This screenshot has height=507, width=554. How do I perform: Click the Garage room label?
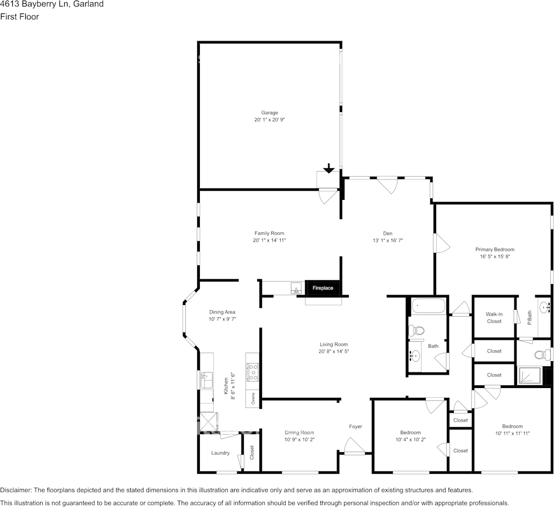pos(269,113)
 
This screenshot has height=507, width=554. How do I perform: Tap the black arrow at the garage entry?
pos(329,168)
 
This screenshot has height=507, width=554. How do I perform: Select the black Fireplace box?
pos(323,288)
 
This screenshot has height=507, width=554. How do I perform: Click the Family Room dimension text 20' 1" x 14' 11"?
pos(269,241)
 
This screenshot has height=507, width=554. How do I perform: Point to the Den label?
pos(388,233)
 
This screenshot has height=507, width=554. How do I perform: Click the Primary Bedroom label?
pos(495,249)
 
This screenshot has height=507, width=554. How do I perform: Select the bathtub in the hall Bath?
pos(428,307)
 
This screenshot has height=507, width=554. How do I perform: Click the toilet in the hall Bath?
pos(417,331)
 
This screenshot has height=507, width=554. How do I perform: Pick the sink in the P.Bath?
pos(545,308)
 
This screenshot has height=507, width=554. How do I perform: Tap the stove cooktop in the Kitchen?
pos(252,371)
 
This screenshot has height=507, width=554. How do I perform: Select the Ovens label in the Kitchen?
pos(253,398)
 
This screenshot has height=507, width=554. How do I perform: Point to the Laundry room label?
pos(220,453)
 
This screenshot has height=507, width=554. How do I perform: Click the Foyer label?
pos(355,427)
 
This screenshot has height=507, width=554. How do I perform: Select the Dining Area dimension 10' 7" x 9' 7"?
pos(222,319)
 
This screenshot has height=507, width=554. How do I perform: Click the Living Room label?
pos(334,345)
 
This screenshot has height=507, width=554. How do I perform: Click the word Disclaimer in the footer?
pos(16,490)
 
